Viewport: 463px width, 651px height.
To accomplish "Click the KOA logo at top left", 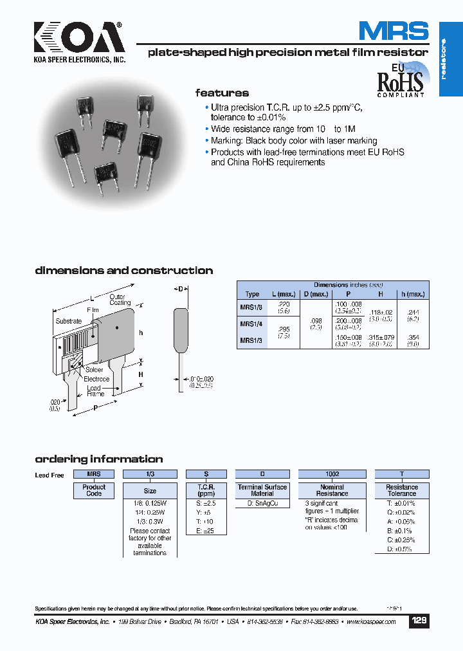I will (x=78, y=40).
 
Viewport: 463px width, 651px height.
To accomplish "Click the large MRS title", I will (x=394, y=32).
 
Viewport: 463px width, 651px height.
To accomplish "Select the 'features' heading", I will (x=222, y=93).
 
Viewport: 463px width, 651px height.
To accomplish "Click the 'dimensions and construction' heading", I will (x=123, y=271).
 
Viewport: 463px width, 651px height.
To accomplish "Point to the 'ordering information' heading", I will (x=98, y=459).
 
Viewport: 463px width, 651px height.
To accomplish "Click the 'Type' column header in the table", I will (x=252, y=294).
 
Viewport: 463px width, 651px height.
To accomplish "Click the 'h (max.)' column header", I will (x=413, y=294).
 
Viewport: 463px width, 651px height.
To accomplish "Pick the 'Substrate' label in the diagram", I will (x=69, y=321).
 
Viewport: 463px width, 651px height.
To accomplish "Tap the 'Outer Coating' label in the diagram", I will (x=120, y=300).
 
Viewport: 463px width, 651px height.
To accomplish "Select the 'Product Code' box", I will (x=94, y=490).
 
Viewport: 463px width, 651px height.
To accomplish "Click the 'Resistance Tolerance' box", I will (x=402, y=490).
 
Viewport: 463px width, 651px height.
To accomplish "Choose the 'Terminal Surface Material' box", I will (x=262, y=490).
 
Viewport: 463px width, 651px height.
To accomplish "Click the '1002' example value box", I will (x=332, y=473).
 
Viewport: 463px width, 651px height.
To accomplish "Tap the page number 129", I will (x=419, y=621).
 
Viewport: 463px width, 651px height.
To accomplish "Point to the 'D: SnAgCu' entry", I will (x=262, y=504).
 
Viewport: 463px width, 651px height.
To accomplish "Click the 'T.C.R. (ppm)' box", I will (x=206, y=490).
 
